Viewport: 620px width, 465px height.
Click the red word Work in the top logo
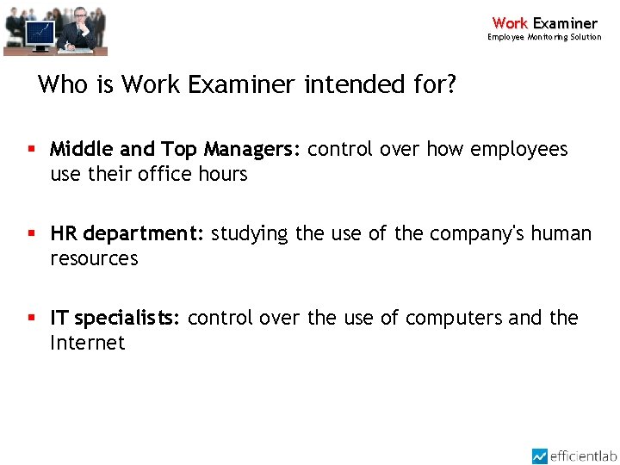point(510,23)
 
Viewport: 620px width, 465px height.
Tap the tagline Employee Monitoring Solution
point(544,37)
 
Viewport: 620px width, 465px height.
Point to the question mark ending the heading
point(450,84)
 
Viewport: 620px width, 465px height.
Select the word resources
point(94,259)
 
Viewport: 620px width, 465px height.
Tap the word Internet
point(87,344)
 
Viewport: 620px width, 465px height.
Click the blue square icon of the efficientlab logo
point(540,456)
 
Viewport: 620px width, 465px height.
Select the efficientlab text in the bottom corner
point(584,456)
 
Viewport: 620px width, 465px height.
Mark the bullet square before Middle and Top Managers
point(32,149)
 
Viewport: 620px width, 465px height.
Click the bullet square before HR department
point(32,233)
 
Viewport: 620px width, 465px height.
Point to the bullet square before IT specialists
point(32,318)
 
